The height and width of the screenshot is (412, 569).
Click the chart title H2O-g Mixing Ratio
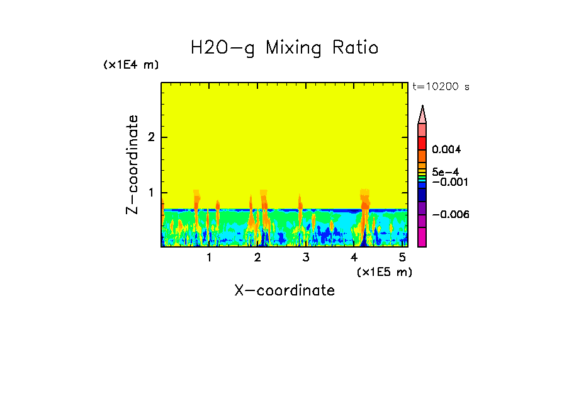(x=284, y=48)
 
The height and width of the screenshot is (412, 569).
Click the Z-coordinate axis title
(x=132, y=164)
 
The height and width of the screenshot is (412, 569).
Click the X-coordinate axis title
(x=284, y=290)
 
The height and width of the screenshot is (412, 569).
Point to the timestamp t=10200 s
(x=441, y=87)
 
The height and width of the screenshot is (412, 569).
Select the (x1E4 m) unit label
(x=131, y=65)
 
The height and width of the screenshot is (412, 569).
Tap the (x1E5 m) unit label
(x=384, y=272)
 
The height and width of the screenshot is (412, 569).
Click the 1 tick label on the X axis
(x=210, y=258)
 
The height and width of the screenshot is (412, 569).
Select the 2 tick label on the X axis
(x=257, y=258)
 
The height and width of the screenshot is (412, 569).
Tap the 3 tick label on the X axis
(x=306, y=258)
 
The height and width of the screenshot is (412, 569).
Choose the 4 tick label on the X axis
(x=354, y=258)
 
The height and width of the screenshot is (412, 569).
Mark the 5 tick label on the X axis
(x=402, y=258)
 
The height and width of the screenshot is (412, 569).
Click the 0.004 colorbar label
(x=446, y=150)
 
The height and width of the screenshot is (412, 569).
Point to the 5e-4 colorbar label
(x=445, y=171)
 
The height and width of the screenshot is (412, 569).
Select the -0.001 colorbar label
(x=449, y=181)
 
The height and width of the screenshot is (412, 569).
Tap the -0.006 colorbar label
(x=451, y=214)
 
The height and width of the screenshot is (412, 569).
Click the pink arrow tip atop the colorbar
(x=422, y=114)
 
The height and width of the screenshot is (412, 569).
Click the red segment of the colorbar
(x=422, y=143)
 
